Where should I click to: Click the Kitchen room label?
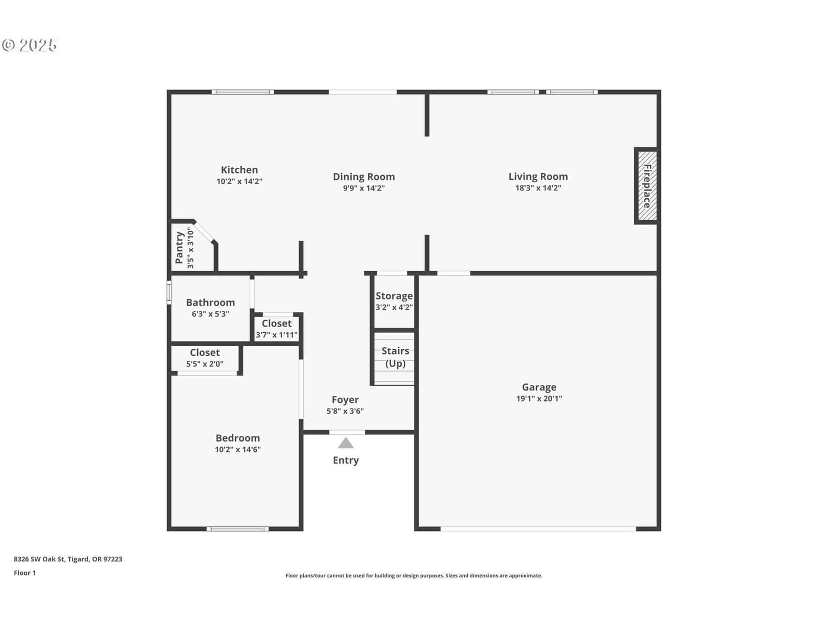[x=239, y=170]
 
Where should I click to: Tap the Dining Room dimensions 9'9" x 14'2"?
[x=364, y=188]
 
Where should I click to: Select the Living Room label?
[x=538, y=176]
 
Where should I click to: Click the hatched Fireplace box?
[x=647, y=186]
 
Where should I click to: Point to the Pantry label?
[x=179, y=248]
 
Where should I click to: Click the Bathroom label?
[x=210, y=302]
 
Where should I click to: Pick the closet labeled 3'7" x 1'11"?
[x=276, y=329]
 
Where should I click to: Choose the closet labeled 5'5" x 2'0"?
[x=204, y=358]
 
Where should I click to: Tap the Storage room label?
[x=394, y=296]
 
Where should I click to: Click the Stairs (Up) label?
[x=395, y=357]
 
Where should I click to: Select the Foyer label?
[x=345, y=400]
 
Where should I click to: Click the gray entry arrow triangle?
[x=346, y=443]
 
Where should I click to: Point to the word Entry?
[x=346, y=461]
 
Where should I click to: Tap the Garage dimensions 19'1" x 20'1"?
[x=539, y=398]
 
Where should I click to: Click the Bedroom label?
[x=238, y=438]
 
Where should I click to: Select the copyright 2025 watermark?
[x=29, y=45]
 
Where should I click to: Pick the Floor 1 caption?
[x=24, y=573]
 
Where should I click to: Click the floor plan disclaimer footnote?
[x=414, y=575]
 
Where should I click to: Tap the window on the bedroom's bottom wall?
[x=238, y=528]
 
